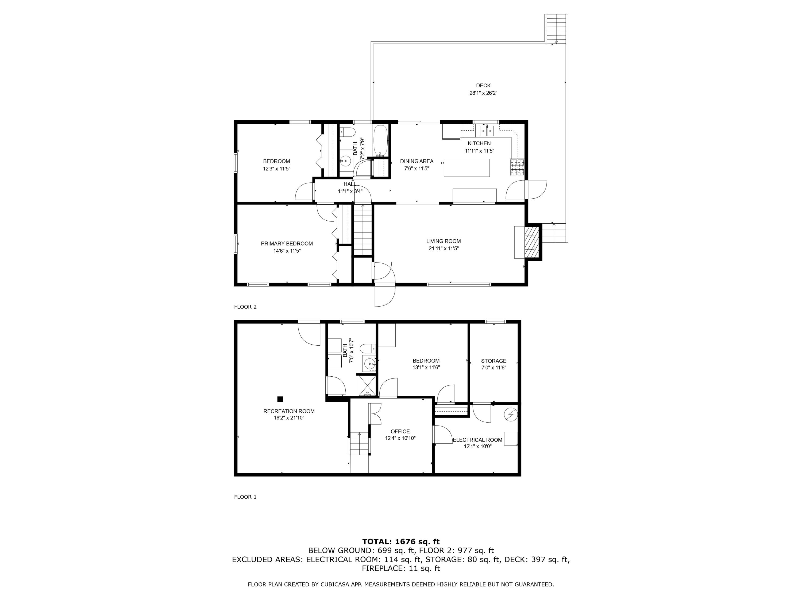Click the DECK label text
[483, 85]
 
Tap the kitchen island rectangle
[466, 168]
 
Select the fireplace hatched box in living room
[531, 242]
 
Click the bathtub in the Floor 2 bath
[380, 140]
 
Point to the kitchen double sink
[487, 130]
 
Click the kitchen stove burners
[517, 167]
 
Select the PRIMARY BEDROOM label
[287, 243]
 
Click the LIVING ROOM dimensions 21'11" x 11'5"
[444, 248]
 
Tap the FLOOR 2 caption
[245, 307]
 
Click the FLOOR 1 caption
[245, 497]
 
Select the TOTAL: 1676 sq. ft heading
[401, 542]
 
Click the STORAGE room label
[493, 361]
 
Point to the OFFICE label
[400, 431]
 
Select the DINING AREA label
[417, 161]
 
